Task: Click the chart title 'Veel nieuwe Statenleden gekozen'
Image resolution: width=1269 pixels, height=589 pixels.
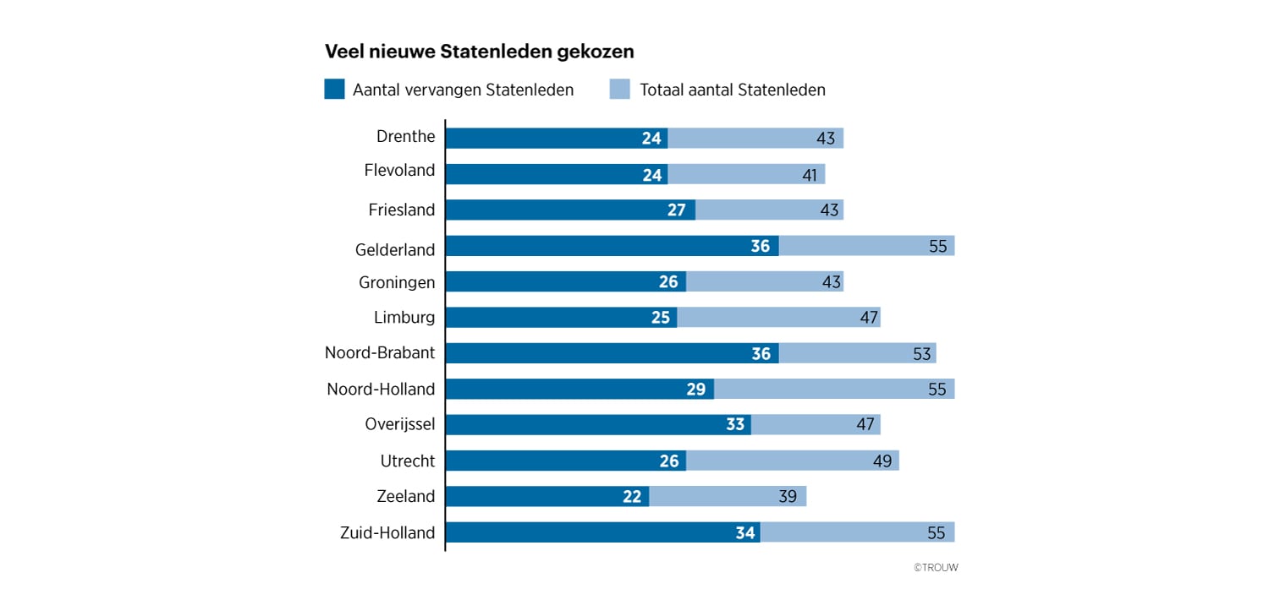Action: click(x=480, y=52)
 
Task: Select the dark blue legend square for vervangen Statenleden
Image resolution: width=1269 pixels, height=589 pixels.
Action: click(x=334, y=90)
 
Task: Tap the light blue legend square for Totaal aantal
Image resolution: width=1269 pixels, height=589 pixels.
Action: click(x=620, y=90)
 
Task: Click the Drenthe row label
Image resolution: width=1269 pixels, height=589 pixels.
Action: click(x=405, y=137)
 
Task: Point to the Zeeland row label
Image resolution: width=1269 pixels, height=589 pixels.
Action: click(x=407, y=496)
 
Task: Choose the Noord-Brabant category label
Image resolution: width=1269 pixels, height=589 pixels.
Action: click(x=380, y=353)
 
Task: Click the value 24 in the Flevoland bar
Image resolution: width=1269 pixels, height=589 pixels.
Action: click(x=651, y=175)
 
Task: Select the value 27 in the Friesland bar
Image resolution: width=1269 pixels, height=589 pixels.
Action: click(x=676, y=210)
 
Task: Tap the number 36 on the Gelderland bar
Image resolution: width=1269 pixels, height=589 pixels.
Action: click(x=760, y=247)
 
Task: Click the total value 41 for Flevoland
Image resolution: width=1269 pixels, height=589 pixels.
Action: click(x=810, y=175)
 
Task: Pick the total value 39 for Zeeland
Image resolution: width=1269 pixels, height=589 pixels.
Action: click(x=788, y=497)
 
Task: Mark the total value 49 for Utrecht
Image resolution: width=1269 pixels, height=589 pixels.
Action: click(x=882, y=461)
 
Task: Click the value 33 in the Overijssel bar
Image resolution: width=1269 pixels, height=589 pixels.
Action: click(x=734, y=425)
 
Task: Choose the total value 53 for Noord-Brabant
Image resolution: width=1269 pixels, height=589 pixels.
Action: click(x=920, y=354)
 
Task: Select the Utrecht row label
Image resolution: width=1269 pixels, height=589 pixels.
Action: click(x=408, y=461)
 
